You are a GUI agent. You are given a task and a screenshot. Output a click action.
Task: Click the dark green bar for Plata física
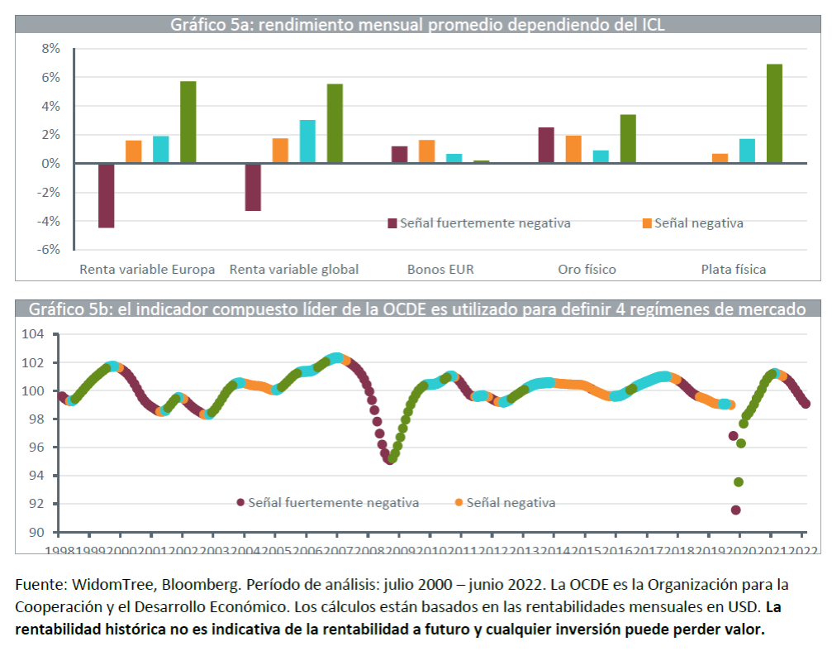coord(774,113)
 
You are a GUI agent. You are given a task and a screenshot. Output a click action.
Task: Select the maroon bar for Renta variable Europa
coord(106,195)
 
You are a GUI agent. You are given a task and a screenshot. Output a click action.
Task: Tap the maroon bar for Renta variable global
coord(253,187)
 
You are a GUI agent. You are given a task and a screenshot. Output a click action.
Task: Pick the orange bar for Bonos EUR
coord(426,151)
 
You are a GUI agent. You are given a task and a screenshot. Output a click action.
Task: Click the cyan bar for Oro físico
coord(601,156)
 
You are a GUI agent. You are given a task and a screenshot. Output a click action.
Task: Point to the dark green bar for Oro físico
coord(628,139)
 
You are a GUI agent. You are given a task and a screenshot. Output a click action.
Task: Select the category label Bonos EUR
coord(440,269)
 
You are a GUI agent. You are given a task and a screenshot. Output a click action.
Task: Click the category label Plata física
coord(733,269)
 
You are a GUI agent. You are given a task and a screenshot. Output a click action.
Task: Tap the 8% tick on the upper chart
coord(50,49)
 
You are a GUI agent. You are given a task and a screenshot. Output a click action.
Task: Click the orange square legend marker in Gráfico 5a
coord(648,223)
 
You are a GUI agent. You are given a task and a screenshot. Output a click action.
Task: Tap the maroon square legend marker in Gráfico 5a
coord(392,223)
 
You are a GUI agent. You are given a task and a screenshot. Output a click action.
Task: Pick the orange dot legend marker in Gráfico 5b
coord(459,502)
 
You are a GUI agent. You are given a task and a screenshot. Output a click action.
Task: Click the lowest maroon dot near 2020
coord(735,510)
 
